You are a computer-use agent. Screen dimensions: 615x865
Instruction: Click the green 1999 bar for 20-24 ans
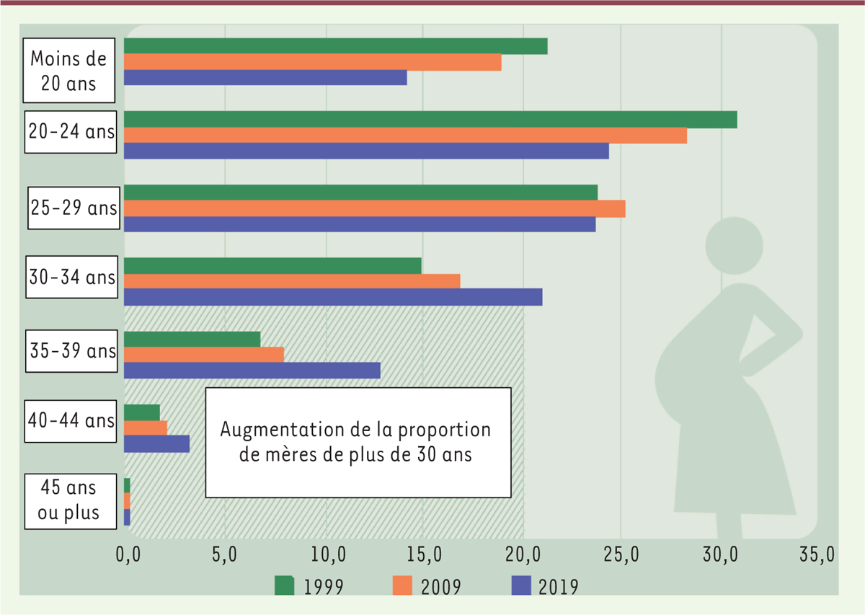click(430, 119)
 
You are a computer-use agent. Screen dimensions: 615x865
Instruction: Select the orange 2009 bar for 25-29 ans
click(374, 208)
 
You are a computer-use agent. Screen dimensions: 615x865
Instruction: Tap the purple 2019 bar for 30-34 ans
click(333, 297)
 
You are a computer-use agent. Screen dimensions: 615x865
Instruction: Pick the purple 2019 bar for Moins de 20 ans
click(265, 78)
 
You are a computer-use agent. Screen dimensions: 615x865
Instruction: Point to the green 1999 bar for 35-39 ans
click(192, 339)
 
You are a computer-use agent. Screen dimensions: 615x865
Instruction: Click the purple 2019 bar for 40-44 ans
click(156, 443)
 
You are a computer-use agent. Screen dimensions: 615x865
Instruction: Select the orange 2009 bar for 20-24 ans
click(405, 135)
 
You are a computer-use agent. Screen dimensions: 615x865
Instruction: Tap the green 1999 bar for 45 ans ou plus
click(127, 485)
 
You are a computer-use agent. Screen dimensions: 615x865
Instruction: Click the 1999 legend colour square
click(285, 585)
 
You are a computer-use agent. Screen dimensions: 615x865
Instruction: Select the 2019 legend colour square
click(520, 585)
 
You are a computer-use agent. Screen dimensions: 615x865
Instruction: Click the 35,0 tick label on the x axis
click(817, 556)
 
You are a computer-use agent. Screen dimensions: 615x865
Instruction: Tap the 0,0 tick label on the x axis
click(130, 556)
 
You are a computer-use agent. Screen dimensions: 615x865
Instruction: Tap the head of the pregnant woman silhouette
click(734, 246)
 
